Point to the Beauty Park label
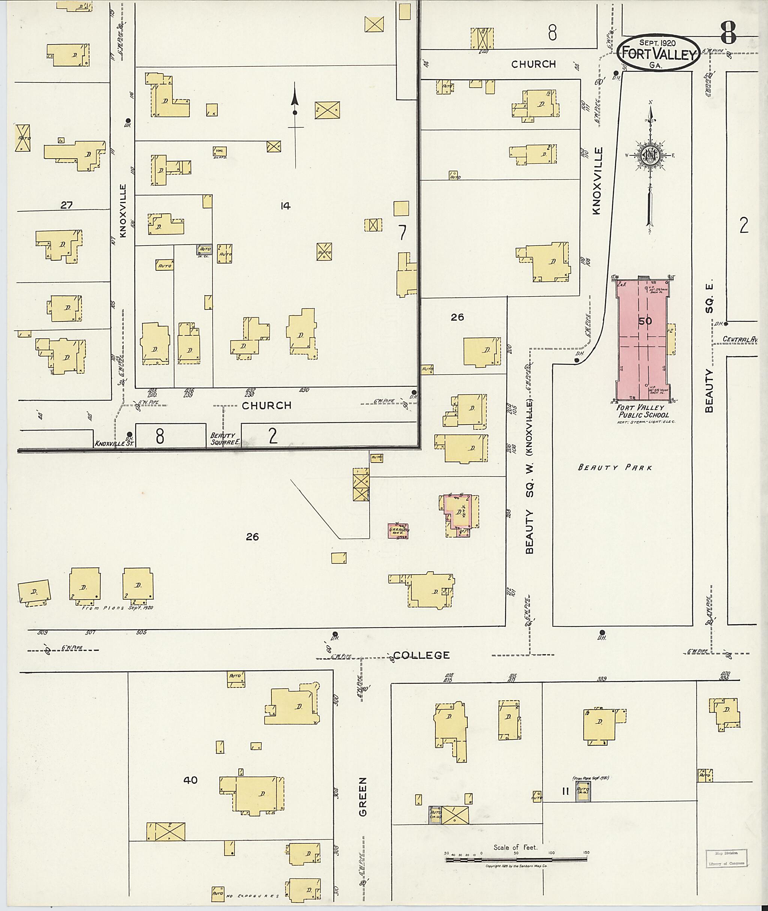[x=615, y=468]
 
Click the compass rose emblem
[x=649, y=154]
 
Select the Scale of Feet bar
[x=516, y=860]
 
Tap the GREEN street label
[x=363, y=797]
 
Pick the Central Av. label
[x=740, y=339]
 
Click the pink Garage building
[x=398, y=531]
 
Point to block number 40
[x=190, y=780]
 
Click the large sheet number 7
[x=402, y=233]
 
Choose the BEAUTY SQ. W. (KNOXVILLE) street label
[x=529, y=477]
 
